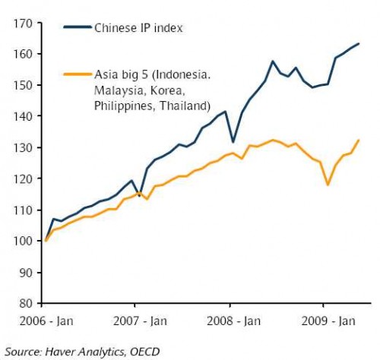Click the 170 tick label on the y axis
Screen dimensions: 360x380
(24, 24)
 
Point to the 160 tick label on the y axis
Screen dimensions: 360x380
(24, 55)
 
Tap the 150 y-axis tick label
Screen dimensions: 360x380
(24, 85)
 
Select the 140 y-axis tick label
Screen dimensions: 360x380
(24, 116)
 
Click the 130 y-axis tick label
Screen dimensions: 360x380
(24, 147)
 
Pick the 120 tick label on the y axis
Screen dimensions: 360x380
(24, 178)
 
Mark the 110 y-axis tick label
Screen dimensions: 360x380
(24, 210)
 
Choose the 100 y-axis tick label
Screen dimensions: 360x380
(24, 241)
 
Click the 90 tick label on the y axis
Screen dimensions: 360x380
(27, 272)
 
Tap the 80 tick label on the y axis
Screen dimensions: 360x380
(27, 303)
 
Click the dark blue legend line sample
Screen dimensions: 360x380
(78, 29)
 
